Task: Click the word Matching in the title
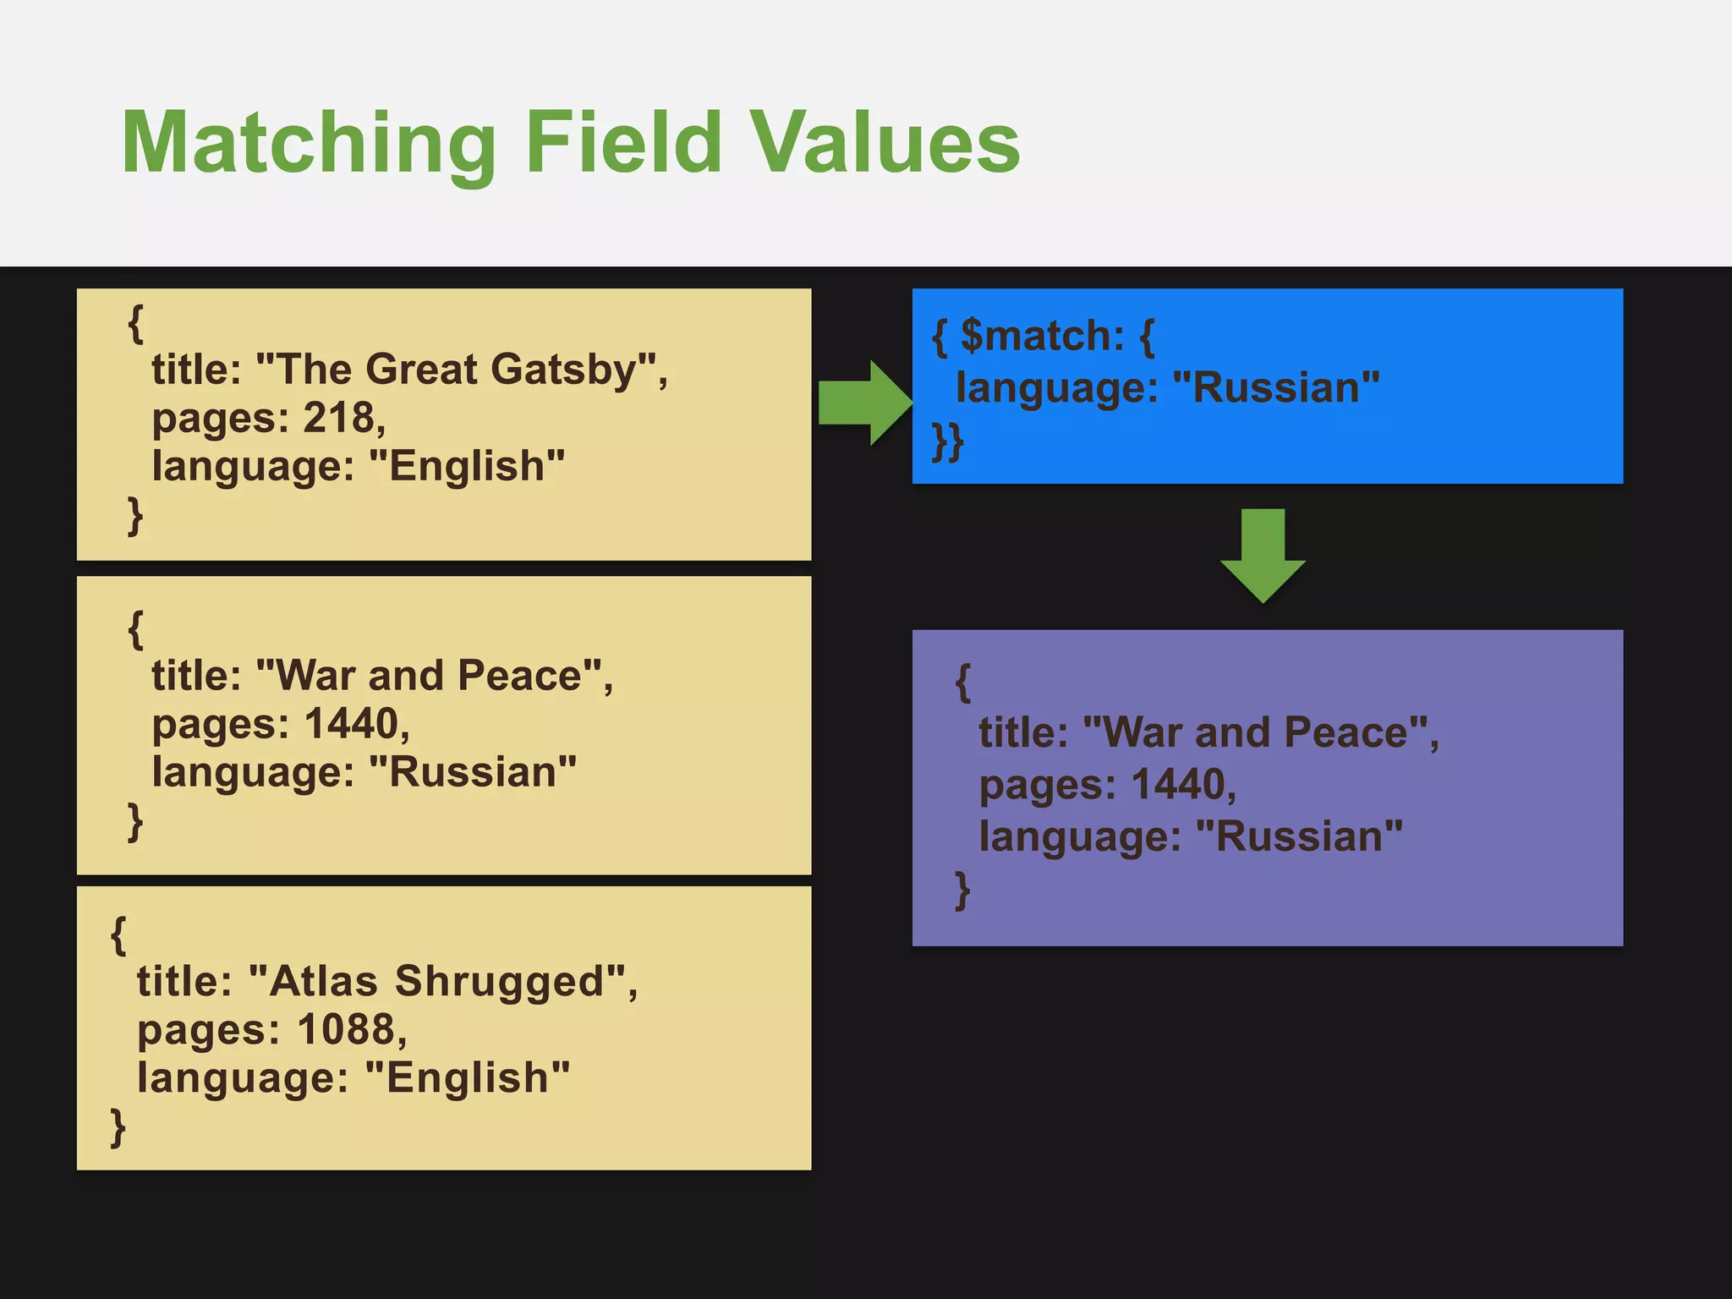308,144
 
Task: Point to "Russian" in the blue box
1276,388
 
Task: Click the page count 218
337,418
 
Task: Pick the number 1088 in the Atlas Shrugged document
346,1029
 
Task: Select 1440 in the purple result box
1177,785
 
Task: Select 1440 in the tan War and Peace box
350,724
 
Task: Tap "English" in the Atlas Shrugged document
467,1078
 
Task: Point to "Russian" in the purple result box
1299,836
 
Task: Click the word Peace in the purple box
1345,732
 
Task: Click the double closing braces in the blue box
947,441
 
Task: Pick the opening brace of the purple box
962,682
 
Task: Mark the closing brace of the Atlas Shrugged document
118,1127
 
